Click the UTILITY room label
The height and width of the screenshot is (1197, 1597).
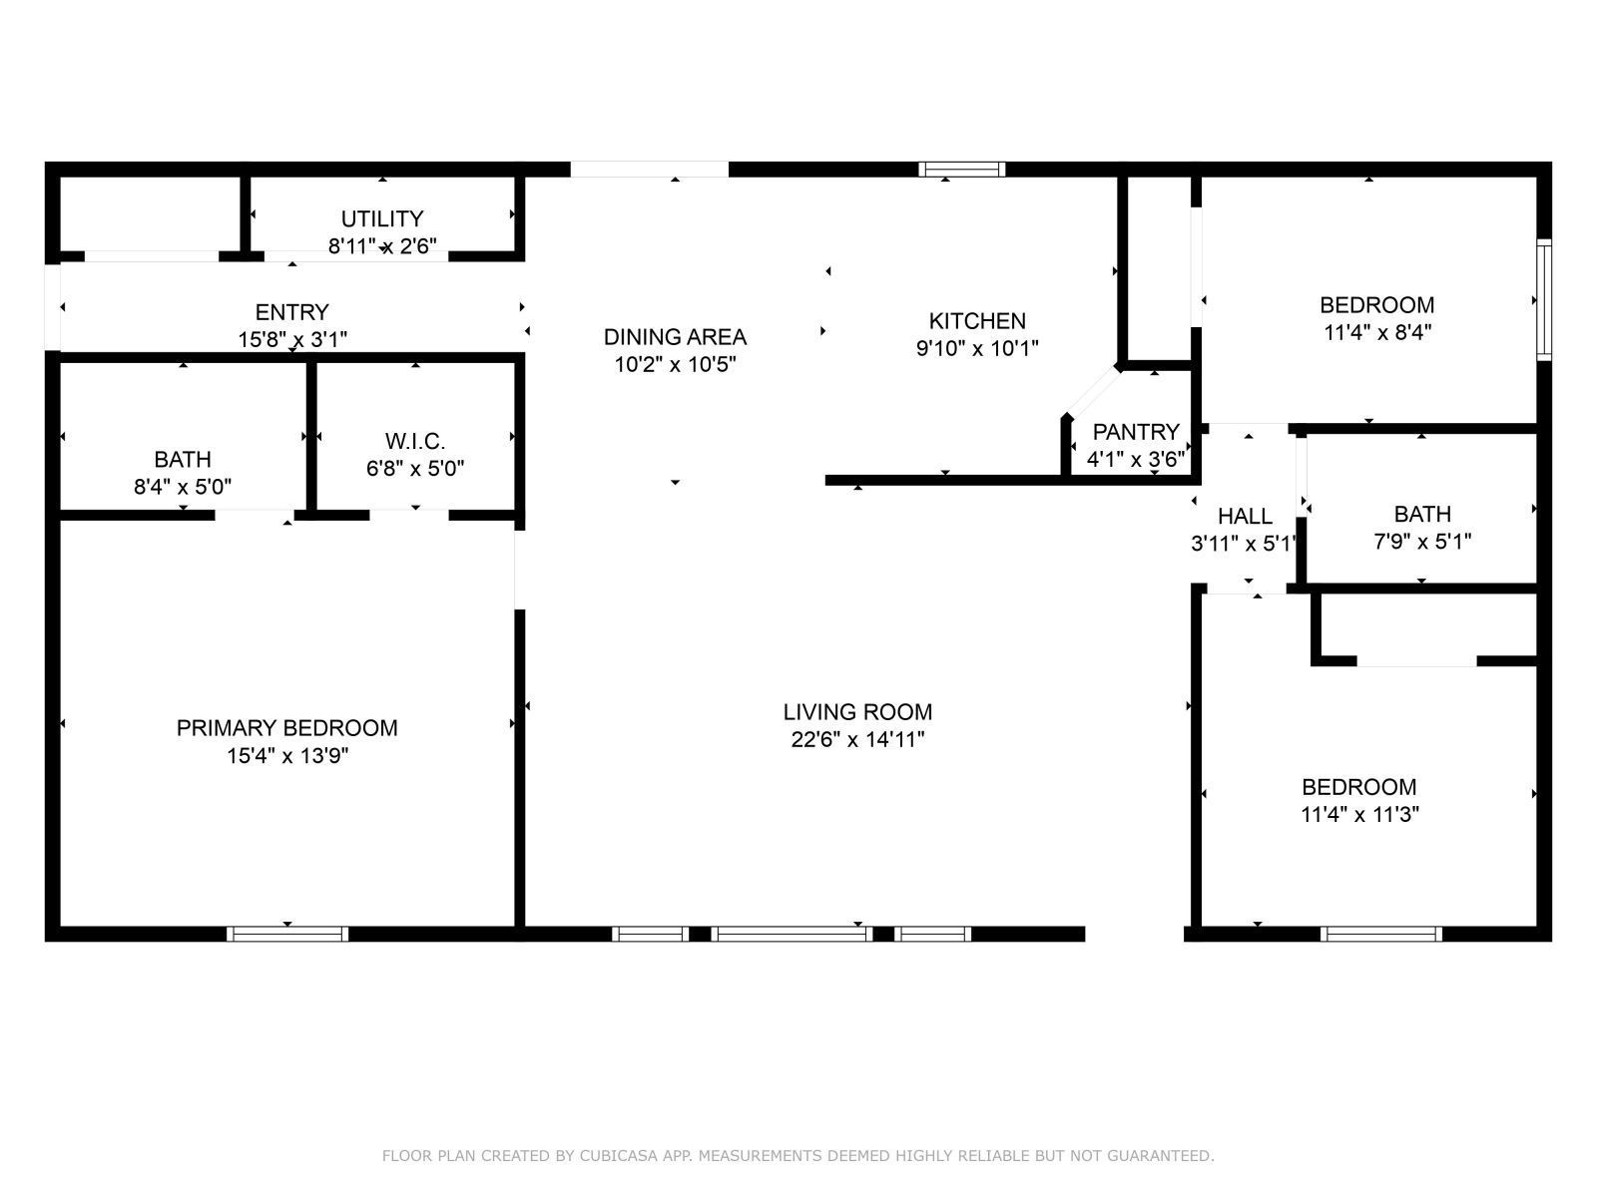(x=381, y=218)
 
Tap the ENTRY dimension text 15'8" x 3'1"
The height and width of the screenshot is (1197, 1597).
(x=292, y=339)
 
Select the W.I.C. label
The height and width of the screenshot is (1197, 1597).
(x=415, y=440)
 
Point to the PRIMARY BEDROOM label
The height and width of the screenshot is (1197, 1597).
(x=286, y=728)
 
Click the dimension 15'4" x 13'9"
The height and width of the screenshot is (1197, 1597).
(x=286, y=756)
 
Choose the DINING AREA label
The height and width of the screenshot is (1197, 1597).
(x=675, y=337)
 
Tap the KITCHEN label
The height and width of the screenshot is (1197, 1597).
(x=976, y=321)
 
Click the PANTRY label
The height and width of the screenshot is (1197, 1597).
(x=1136, y=432)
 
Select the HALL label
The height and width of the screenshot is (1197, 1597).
(x=1245, y=516)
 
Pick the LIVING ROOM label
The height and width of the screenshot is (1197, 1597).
(x=857, y=712)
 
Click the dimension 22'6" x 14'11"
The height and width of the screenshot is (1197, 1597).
(x=857, y=740)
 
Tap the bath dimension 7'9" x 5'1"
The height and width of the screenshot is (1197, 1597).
(x=1422, y=543)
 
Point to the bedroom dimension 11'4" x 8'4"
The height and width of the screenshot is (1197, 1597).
(x=1377, y=333)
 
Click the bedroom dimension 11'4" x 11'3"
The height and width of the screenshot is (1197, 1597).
(x=1359, y=815)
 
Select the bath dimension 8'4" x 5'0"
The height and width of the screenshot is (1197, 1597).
(x=183, y=488)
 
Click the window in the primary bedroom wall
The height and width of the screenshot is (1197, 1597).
(x=287, y=934)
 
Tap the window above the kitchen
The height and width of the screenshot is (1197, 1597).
(x=962, y=169)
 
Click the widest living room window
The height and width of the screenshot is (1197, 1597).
(x=792, y=934)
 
